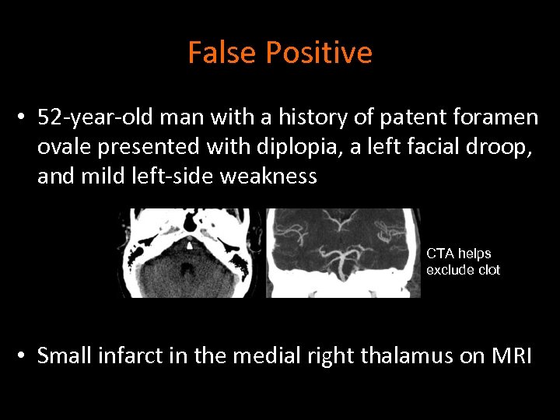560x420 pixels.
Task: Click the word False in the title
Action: (x=222, y=53)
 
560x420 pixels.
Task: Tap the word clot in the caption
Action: (x=487, y=270)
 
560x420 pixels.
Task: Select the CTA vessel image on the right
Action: (x=343, y=253)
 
